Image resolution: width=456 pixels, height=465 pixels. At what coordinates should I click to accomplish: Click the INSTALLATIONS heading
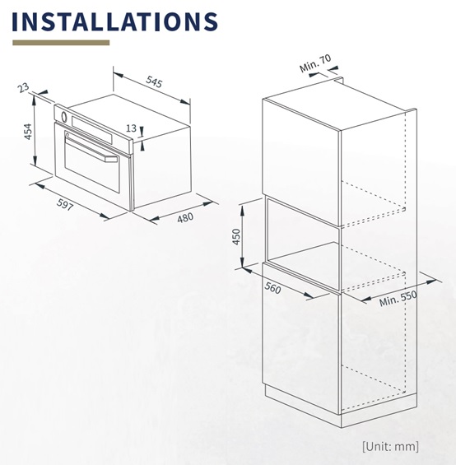(115, 21)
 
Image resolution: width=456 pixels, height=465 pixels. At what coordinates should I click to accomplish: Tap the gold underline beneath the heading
(61, 43)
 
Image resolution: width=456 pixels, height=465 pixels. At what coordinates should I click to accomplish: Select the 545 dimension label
(154, 81)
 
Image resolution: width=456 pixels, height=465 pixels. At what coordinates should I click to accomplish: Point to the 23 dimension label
(23, 88)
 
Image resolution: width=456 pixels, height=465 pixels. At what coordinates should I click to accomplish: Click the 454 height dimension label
(28, 132)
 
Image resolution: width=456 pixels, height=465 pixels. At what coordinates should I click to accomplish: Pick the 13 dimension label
(131, 128)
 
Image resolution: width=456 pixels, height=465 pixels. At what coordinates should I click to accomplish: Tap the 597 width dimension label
(65, 205)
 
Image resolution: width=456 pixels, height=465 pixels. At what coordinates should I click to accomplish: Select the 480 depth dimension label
(185, 218)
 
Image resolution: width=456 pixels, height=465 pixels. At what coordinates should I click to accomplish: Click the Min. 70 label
(315, 63)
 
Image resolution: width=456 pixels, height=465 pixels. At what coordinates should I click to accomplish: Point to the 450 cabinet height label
(236, 236)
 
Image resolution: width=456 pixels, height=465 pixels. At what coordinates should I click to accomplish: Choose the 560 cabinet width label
(272, 288)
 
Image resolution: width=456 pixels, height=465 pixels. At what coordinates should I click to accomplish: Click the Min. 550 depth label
(398, 298)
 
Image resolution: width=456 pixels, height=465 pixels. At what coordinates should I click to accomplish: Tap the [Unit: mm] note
(390, 446)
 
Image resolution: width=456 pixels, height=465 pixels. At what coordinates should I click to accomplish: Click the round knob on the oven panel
(64, 116)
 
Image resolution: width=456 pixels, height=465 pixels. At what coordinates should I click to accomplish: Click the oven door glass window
(92, 166)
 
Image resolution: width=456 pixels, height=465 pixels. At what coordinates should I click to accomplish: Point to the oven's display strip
(91, 129)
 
